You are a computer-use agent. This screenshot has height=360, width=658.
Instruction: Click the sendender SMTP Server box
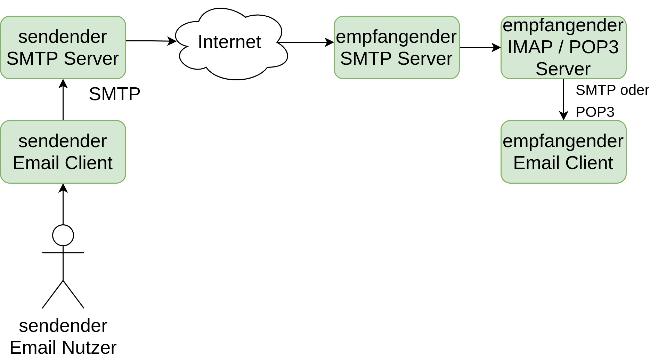63,47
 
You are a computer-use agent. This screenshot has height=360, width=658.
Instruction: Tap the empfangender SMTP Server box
397,47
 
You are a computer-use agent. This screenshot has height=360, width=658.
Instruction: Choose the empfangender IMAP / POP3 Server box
563,47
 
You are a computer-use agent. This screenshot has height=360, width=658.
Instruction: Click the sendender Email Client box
63,152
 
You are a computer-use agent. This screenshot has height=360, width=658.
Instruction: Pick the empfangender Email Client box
563,152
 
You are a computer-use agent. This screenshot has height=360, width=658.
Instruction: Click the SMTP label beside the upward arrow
114,94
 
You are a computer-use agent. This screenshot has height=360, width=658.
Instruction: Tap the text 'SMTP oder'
612,90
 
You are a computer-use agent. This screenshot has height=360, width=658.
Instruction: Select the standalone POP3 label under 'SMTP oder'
595,112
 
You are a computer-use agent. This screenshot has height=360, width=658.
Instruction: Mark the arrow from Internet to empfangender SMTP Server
306,42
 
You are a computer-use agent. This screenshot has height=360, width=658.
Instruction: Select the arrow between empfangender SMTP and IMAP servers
480,47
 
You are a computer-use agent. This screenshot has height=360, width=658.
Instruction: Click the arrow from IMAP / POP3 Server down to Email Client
563,99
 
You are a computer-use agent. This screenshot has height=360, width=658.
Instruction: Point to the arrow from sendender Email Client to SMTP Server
63,99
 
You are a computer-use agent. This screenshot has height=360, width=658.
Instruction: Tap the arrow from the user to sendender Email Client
63,204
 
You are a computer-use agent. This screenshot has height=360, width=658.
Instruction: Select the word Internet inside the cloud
229,42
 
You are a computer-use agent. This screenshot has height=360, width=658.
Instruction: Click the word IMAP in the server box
530,47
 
